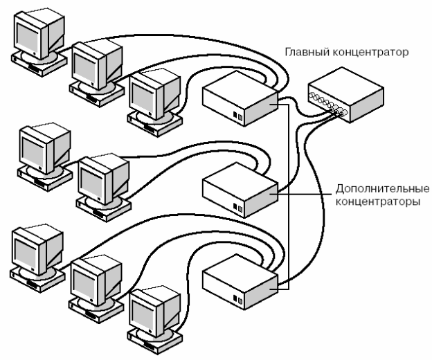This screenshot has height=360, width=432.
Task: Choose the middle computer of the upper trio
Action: coord(92,66)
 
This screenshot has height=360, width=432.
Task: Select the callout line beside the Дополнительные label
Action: coord(305,194)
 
